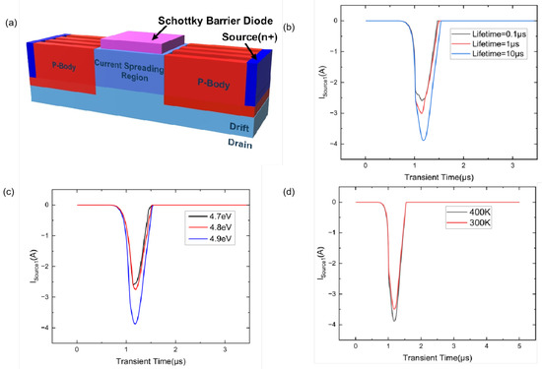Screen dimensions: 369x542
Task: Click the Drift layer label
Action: (250, 127)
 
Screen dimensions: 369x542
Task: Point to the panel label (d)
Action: (292, 192)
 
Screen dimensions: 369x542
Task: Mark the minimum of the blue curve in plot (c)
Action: (135, 324)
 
